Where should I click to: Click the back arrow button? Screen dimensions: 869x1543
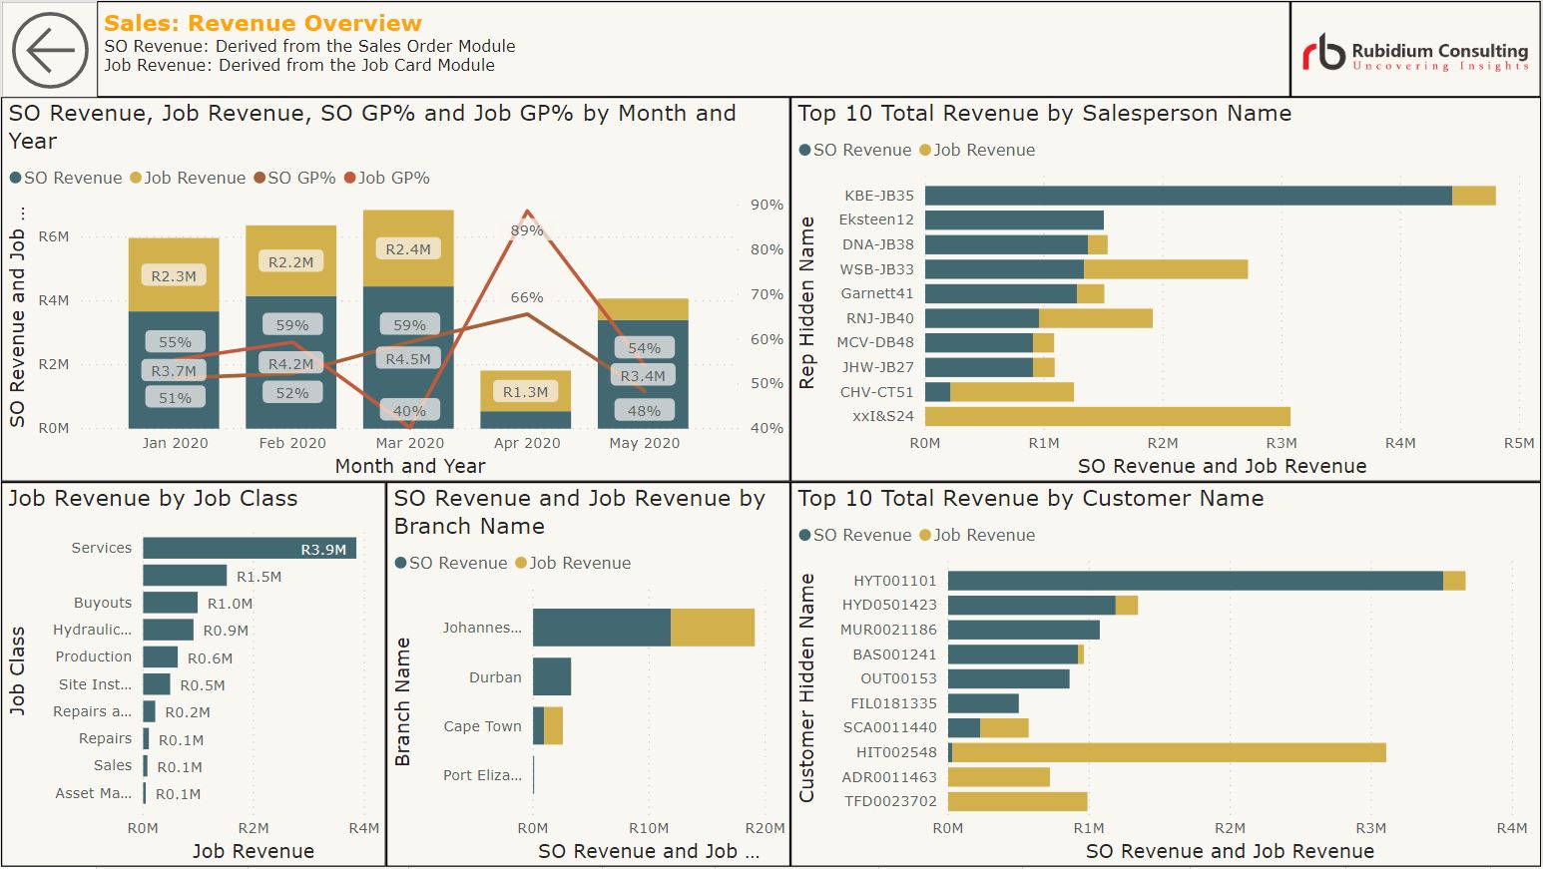(x=50, y=50)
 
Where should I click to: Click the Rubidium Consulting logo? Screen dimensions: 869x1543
(x=1414, y=52)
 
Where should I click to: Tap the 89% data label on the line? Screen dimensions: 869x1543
(x=527, y=230)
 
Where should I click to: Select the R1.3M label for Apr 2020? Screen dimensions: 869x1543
(x=525, y=392)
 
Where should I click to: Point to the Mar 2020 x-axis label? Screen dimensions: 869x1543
(x=409, y=443)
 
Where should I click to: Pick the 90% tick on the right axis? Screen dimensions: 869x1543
(x=767, y=205)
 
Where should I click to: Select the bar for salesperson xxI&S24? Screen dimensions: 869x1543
(x=1107, y=416)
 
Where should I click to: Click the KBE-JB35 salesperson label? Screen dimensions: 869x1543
(x=878, y=196)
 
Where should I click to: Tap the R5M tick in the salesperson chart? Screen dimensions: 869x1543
(x=1518, y=443)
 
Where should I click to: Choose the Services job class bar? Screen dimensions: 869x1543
(x=249, y=548)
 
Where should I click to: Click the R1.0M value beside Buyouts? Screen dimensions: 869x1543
(x=230, y=604)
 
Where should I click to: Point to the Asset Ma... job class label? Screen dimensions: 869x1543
(x=93, y=793)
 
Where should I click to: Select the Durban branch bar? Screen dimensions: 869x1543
(x=552, y=676)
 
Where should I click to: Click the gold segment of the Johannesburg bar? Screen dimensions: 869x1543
(x=713, y=628)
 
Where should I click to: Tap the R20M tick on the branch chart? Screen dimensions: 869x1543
(x=765, y=828)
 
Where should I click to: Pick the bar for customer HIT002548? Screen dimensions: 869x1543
(x=1168, y=752)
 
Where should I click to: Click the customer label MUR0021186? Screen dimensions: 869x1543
(x=888, y=630)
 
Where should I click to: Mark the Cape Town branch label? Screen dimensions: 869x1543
(x=482, y=726)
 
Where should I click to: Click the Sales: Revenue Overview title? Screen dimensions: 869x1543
(x=262, y=23)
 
